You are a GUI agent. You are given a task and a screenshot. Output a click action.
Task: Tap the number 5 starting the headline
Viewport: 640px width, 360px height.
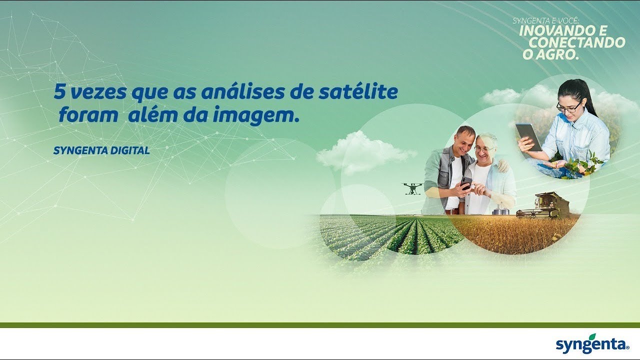[59, 92]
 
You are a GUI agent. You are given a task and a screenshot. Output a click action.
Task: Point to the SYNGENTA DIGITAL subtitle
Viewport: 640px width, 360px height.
[101, 150]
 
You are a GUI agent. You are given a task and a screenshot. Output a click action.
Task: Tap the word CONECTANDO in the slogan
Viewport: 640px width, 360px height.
[577, 43]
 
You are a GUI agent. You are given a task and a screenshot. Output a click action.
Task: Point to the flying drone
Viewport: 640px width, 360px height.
[412, 188]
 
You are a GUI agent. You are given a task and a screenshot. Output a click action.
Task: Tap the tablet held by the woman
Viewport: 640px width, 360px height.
[528, 136]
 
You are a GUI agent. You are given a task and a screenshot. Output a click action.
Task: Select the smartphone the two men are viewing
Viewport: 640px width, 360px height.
[466, 182]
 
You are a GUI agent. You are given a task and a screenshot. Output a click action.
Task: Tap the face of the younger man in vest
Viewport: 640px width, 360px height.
[464, 140]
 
